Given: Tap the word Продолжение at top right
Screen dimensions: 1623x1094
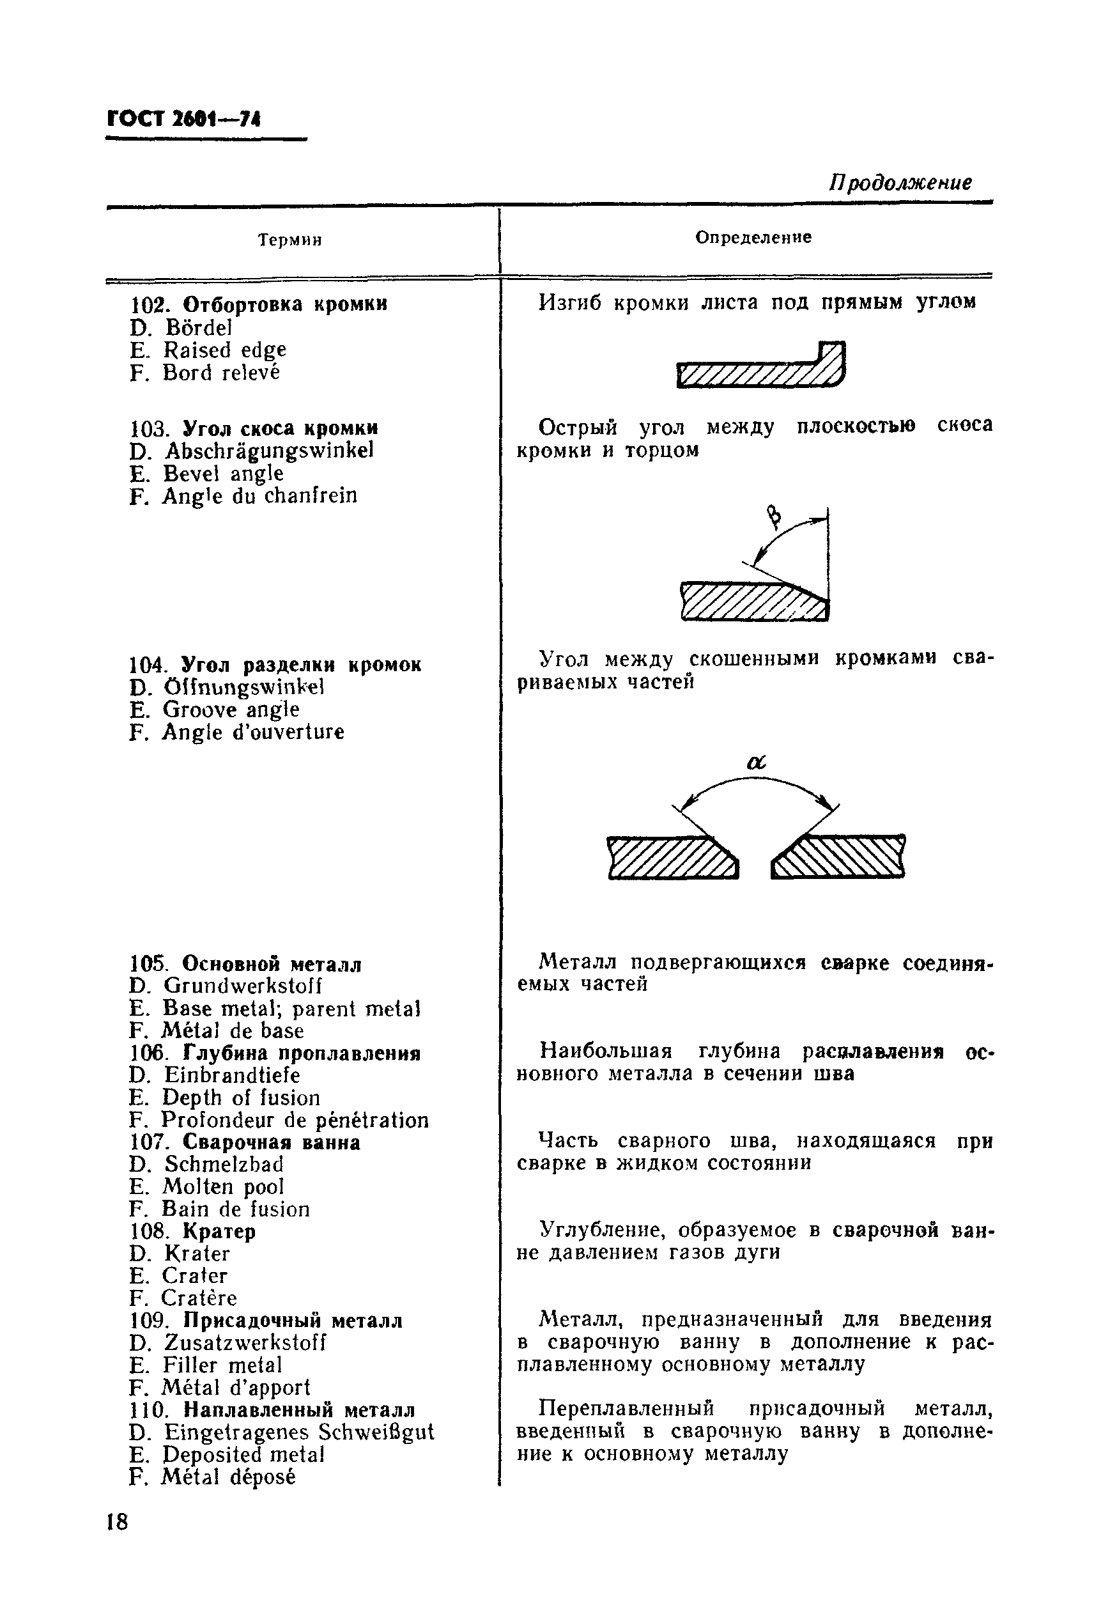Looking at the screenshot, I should [x=899, y=183].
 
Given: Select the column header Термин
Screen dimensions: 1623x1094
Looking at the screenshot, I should [x=289, y=241].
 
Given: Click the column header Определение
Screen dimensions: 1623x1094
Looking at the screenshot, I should [x=753, y=237].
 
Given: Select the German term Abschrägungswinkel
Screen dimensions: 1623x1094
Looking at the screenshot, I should [x=268, y=451].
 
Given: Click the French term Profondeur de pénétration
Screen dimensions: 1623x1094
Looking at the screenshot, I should [x=295, y=1121].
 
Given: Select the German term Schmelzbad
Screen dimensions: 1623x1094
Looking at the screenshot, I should [x=224, y=1165].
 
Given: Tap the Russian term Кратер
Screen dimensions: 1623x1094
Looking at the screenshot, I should [x=219, y=1232].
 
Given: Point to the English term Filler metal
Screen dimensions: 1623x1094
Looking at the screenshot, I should [x=222, y=1365].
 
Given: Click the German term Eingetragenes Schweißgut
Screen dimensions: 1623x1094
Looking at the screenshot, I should [x=298, y=1432].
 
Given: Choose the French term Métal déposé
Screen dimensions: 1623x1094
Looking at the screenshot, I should [x=228, y=1477].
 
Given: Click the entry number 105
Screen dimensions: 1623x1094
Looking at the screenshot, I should [x=150, y=965].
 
